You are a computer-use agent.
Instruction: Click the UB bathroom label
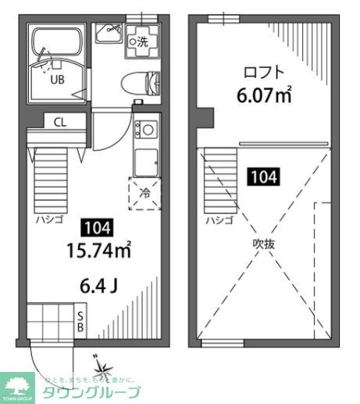(x=57, y=80)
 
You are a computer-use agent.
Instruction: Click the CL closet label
(x=59, y=122)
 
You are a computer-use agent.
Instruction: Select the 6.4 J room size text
(x=98, y=284)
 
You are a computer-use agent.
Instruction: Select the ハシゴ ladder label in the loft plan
(x=219, y=220)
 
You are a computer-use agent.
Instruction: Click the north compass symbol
(x=102, y=368)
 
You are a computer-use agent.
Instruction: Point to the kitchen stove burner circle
(x=144, y=128)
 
